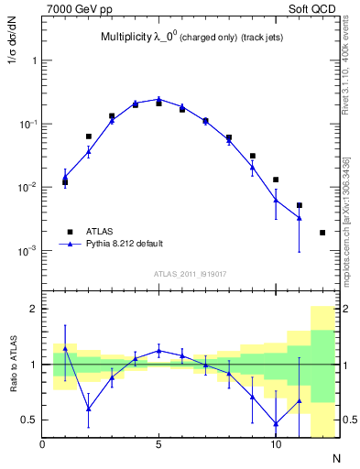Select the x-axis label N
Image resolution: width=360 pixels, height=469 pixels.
point(335,456)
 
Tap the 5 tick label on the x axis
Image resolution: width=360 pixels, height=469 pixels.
point(158,445)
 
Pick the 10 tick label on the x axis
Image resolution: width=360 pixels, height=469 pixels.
point(275,445)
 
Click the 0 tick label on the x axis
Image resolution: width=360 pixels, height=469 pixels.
point(42,445)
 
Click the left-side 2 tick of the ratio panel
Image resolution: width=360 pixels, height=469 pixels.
point(34,309)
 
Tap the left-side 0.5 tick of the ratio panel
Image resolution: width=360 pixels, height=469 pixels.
point(30,420)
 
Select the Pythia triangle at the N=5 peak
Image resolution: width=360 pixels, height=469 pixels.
point(158,99)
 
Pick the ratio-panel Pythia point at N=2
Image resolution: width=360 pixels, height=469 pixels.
point(88,409)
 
